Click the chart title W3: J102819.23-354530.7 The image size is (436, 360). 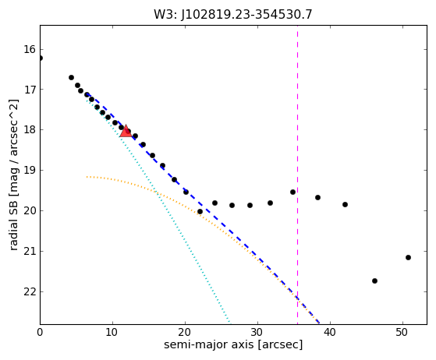click(x=233, y=15)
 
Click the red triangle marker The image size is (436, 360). click(x=126, y=132)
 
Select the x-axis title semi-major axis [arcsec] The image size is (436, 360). click(x=233, y=344)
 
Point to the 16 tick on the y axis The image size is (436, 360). click(x=30, y=49)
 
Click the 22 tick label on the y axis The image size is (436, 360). click(x=30, y=291)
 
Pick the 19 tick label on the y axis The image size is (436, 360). click(x=30, y=171)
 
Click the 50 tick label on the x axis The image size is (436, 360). click(x=402, y=332)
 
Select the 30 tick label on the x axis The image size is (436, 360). click(x=257, y=332)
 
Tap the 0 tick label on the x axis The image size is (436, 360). click(x=40, y=332)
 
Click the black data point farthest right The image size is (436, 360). click(x=408, y=257)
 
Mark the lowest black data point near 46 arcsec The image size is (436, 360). click(x=374, y=281)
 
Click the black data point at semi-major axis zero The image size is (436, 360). click(x=41, y=58)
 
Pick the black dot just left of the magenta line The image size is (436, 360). click(x=292, y=192)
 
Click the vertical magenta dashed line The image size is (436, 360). click(x=297, y=175)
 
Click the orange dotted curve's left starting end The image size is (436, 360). click(x=87, y=177)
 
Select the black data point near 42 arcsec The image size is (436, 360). click(x=345, y=204)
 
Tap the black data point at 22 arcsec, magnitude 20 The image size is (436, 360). click(x=200, y=212)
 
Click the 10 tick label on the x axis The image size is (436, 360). click(x=112, y=332)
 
